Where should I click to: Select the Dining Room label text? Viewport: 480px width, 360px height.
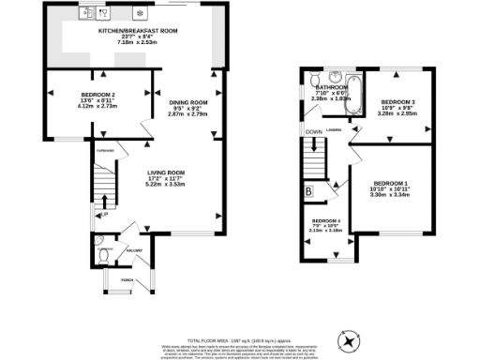pos(187,101)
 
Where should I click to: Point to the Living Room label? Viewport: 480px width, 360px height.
pos(164,172)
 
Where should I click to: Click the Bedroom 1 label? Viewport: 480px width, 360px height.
pos(390,182)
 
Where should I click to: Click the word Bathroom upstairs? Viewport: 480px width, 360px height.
pos(331,86)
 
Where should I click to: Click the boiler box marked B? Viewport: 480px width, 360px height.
pos(308,192)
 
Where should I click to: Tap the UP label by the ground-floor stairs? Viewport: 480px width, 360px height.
pos(105,216)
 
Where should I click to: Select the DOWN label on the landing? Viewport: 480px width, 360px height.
pos(314,132)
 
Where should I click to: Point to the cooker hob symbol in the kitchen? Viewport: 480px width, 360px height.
pos(140,13)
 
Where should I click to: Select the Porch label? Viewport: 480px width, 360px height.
pos(125,279)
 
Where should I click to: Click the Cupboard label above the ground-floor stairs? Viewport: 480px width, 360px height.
pos(105,150)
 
